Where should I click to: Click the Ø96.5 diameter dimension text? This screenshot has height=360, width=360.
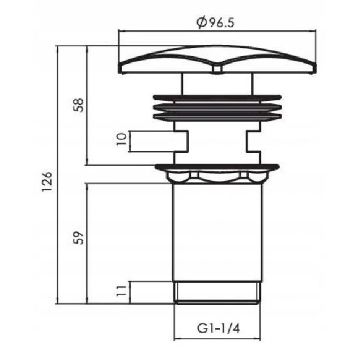click(x=218, y=23)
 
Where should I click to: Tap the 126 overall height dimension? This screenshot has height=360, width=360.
click(x=47, y=181)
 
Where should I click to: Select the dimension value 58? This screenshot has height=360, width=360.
click(x=78, y=105)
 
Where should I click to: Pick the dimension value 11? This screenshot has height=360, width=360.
click(x=121, y=292)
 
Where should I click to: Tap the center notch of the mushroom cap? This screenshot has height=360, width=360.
click(x=218, y=69)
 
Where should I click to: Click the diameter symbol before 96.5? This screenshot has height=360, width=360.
click(x=201, y=23)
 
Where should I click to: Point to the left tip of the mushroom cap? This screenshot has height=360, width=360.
click(x=120, y=68)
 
